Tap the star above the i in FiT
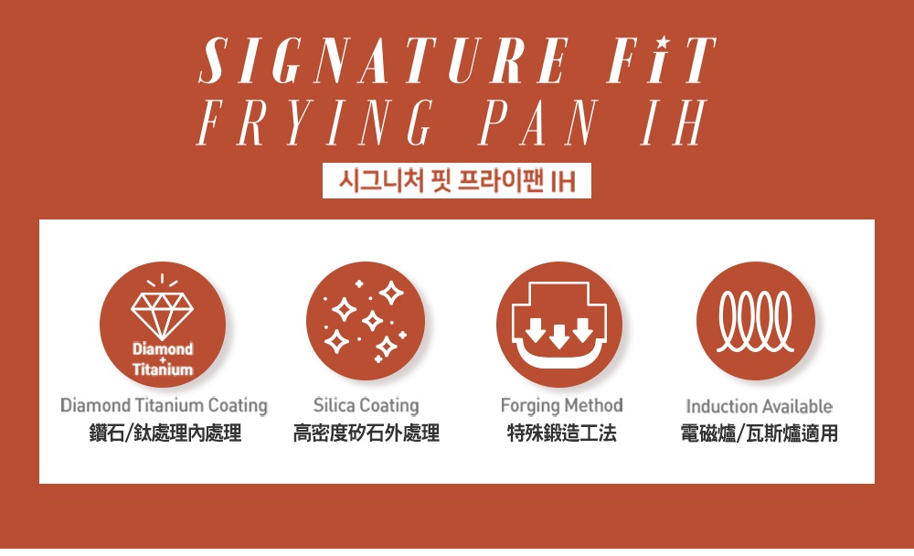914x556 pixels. [662, 43]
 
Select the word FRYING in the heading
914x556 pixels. [315, 122]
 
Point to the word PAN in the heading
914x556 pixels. [537, 122]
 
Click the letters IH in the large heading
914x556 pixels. [675, 122]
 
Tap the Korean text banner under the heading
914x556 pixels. [456, 181]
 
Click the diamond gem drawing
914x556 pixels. [162, 315]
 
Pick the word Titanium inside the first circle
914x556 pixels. [163, 369]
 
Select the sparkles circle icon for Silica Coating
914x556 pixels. [366, 321]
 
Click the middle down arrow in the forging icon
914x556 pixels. [559, 335]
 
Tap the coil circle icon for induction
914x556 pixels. [756, 321]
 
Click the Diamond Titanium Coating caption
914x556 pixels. [164, 405]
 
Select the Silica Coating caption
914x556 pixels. [367, 405]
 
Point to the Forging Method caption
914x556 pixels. [562, 405]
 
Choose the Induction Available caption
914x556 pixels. [759, 406]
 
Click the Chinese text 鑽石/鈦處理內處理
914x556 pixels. [165, 433]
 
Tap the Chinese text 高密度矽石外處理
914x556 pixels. [367, 433]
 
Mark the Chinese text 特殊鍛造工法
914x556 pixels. [562, 433]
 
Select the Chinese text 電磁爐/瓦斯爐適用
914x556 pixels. [759, 433]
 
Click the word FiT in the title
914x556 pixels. [663, 60]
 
